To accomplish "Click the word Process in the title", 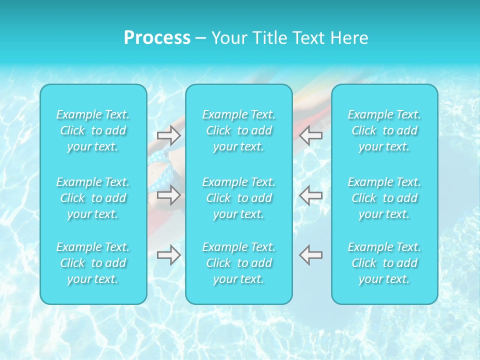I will point(157,38).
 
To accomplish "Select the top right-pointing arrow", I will point(168,135).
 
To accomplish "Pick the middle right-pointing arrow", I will point(168,194).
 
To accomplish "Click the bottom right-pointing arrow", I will point(168,255).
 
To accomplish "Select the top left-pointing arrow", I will point(311,135).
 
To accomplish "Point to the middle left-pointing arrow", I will point(311,194).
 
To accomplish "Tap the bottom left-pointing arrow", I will point(311,255).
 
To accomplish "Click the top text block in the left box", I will point(93,130).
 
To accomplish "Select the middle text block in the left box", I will point(93,198).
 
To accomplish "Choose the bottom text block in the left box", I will point(93,263).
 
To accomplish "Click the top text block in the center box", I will point(239,130).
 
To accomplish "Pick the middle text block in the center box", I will point(239,198).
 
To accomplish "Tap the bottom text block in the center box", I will point(239,263).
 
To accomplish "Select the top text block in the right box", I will point(384,130).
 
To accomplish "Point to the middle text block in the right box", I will point(384,198).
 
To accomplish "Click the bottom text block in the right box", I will point(384,263).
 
